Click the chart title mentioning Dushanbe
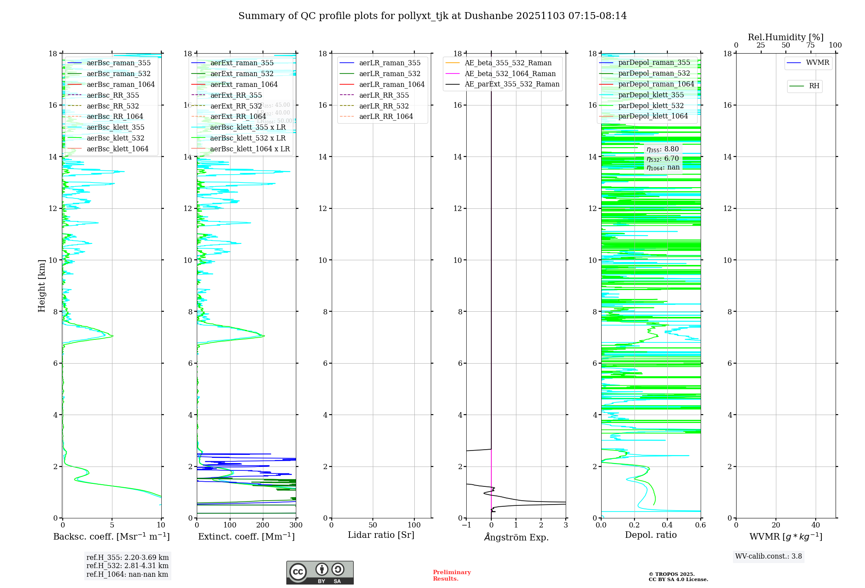click(x=432, y=16)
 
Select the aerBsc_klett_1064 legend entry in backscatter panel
click(x=117, y=149)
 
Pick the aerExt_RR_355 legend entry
click(x=236, y=95)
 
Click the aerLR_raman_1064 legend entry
click(x=391, y=84)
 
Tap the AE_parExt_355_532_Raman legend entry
click(x=512, y=84)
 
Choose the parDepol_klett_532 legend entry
click(x=651, y=105)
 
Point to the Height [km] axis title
click(x=42, y=286)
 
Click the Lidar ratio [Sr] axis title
click(x=381, y=535)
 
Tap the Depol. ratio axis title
click(x=651, y=535)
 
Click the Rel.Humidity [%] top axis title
click(x=785, y=37)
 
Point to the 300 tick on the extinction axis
click(x=296, y=525)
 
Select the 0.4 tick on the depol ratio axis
click(x=667, y=525)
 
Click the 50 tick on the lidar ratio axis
click(x=373, y=525)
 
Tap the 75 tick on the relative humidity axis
click(x=811, y=45)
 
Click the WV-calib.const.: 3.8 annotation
click(x=769, y=556)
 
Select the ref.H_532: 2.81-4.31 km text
click(x=128, y=566)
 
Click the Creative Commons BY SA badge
click(x=320, y=572)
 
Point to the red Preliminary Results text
click(x=452, y=575)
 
